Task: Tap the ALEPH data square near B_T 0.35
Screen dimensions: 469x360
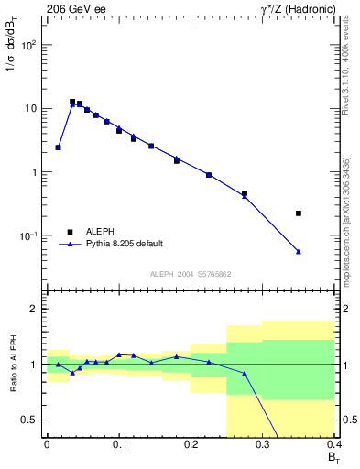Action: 299,213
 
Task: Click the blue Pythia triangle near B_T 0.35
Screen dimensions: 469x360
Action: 299,251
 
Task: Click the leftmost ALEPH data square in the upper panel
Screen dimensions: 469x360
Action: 58,147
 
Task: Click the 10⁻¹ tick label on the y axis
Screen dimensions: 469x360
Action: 29,236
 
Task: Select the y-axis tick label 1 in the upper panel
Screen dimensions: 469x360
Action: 35,172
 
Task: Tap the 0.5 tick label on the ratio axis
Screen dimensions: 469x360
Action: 30,420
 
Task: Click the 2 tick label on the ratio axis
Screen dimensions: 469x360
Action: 35,310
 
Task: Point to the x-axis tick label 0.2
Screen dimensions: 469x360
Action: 191,443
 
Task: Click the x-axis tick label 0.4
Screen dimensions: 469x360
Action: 333,443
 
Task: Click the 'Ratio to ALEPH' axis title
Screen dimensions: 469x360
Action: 12,365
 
